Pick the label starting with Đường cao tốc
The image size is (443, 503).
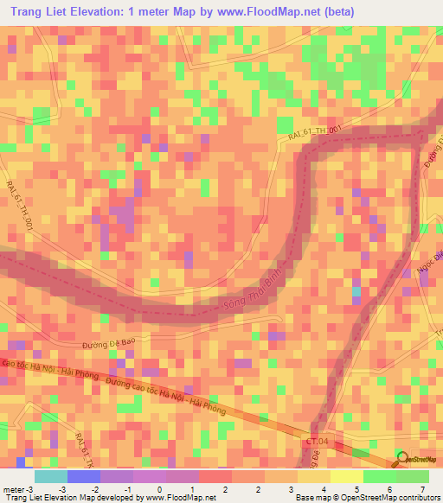(x=164, y=393)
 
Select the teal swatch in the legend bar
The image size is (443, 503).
(x=50, y=476)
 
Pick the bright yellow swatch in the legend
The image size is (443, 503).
(x=346, y=476)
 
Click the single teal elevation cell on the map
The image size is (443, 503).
(x=356, y=292)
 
